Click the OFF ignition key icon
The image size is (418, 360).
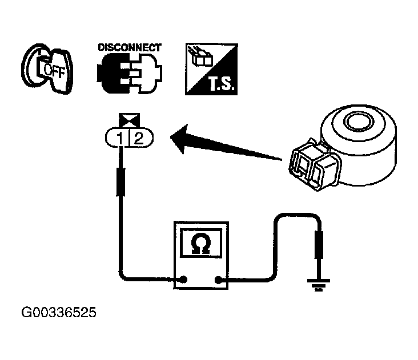point(47,68)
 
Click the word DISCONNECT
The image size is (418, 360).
point(130,47)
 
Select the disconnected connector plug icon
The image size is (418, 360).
point(130,73)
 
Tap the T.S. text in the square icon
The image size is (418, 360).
point(222,84)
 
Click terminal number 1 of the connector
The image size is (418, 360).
point(120,138)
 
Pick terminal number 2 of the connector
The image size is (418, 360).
point(139,138)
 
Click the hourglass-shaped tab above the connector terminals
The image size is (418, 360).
point(129,120)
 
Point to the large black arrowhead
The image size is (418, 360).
point(181,139)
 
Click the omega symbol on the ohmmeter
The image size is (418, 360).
point(201,244)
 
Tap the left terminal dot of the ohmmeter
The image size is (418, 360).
point(183,280)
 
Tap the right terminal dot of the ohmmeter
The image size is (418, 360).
point(218,280)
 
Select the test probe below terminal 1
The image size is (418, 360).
point(120,182)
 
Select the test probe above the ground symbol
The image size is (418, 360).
point(319,245)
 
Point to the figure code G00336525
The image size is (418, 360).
point(59,312)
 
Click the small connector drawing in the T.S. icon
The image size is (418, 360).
point(200,56)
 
